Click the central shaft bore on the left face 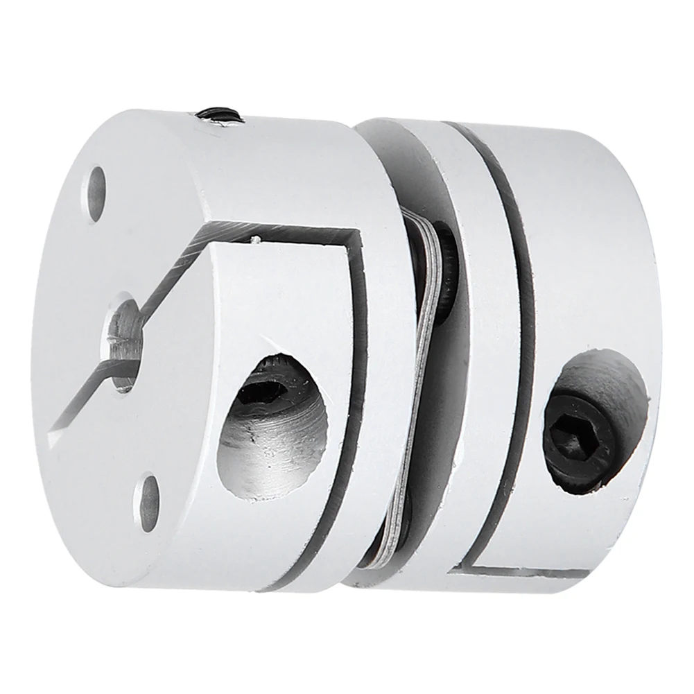click(125, 333)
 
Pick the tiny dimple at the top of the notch click(256, 240)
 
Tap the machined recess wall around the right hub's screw click(617, 388)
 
